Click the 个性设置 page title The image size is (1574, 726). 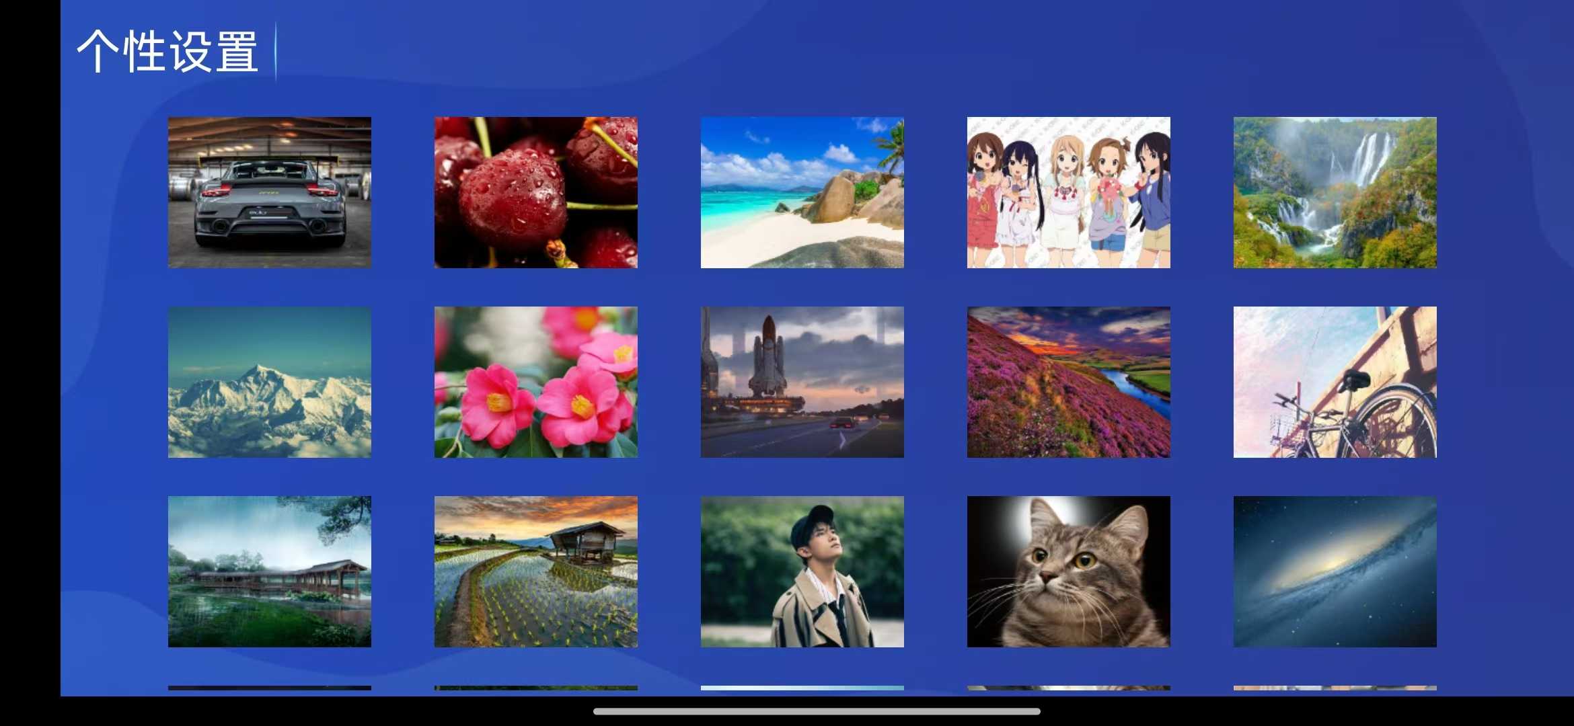click(167, 51)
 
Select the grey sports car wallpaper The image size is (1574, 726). click(270, 192)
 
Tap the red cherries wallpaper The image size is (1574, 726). click(536, 192)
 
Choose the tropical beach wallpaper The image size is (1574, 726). click(802, 192)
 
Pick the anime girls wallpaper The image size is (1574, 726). click(1069, 192)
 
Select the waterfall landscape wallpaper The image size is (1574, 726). click(1335, 192)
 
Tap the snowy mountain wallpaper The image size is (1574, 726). click(270, 382)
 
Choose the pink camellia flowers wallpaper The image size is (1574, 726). click(536, 382)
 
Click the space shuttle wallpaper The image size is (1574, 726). click(802, 382)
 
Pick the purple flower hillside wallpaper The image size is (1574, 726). click(1069, 382)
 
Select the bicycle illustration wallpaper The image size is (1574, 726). click(1335, 382)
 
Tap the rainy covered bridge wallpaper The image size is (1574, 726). click(270, 571)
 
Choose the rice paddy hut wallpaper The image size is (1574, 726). click(536, 571)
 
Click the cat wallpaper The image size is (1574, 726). click(1069, 571)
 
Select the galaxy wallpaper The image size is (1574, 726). click(1335, 571)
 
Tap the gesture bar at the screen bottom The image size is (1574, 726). click(817, 711)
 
